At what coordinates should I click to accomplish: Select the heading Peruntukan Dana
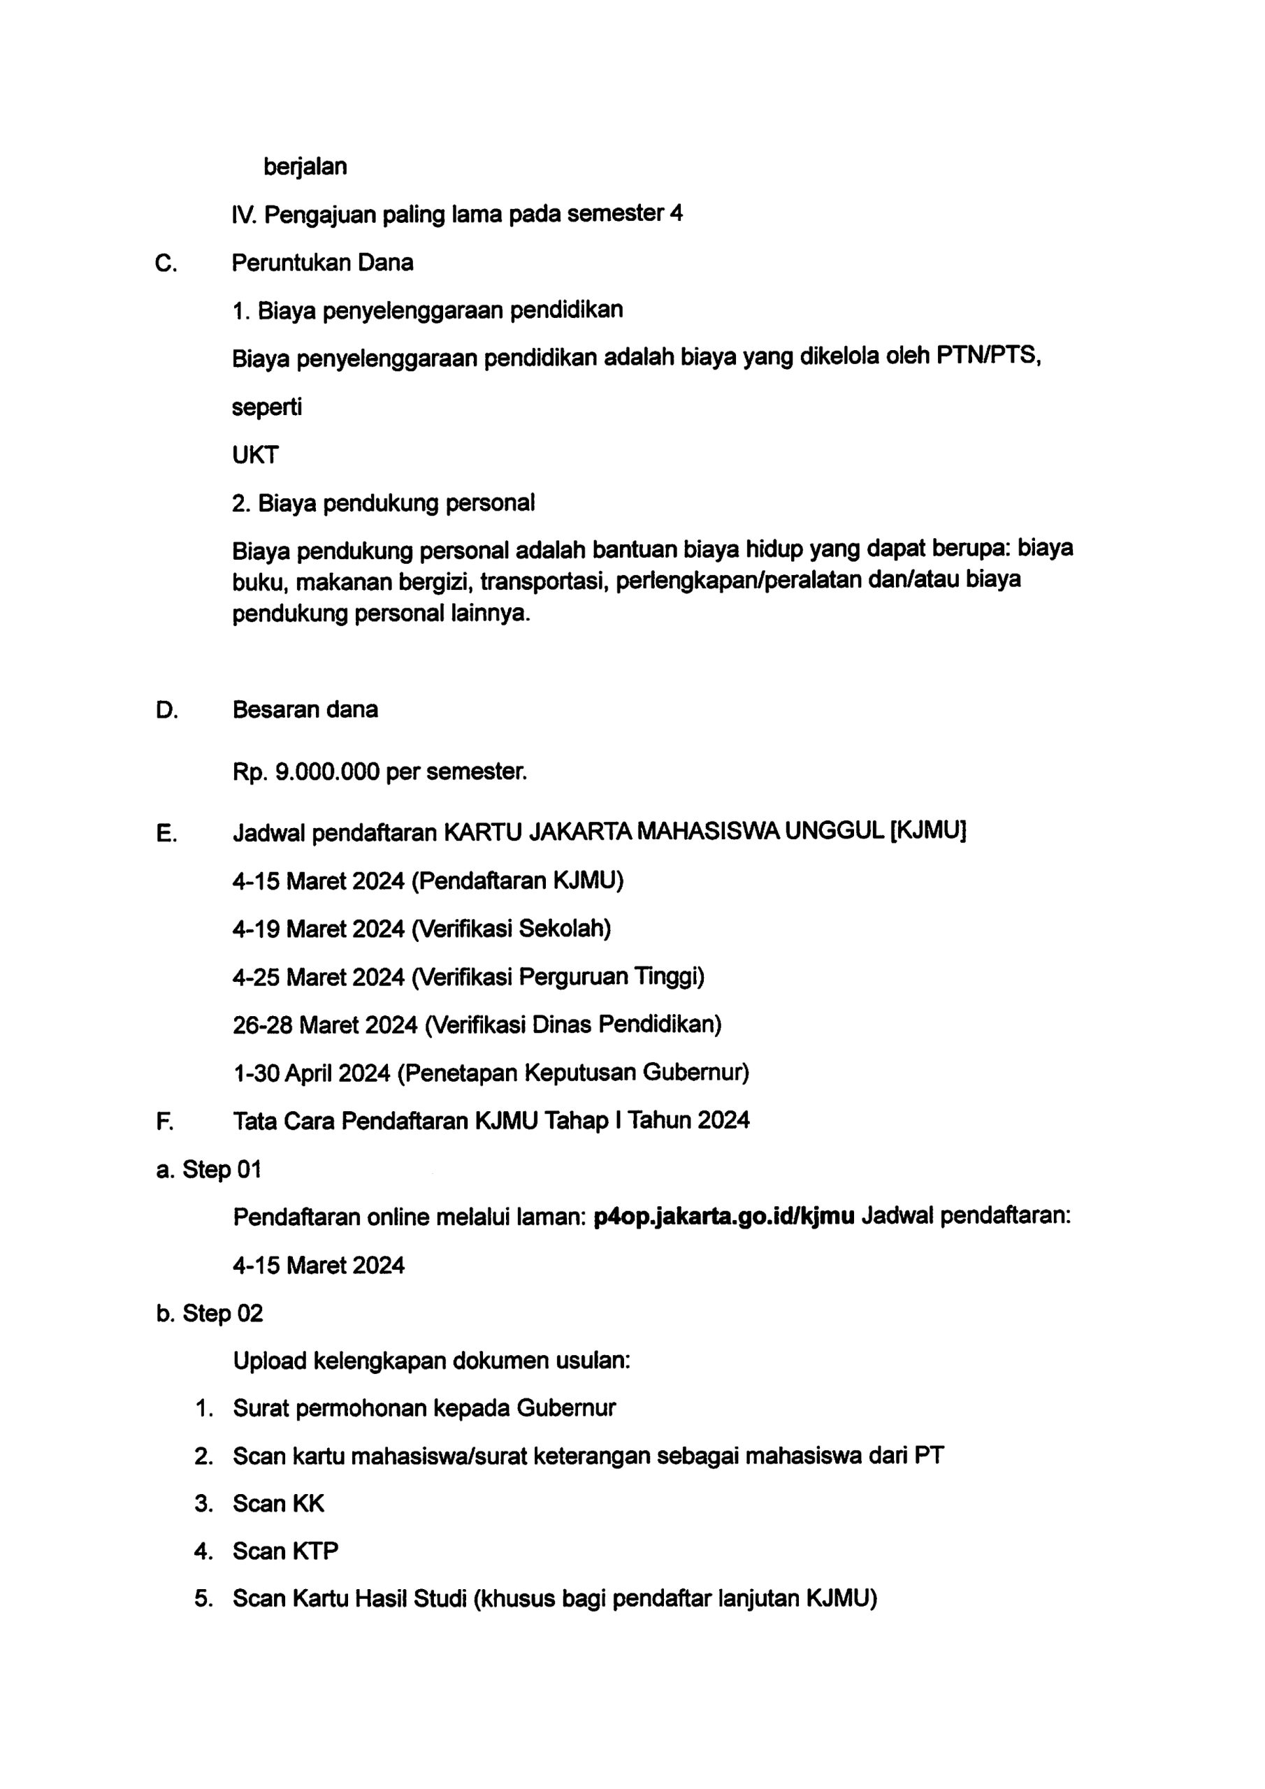click(x=322, y=263)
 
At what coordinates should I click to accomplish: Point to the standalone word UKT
click(x=255, y=455)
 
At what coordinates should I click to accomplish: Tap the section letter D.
click(x=167, y=710)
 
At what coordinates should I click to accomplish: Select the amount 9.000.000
click(x=327, y=772)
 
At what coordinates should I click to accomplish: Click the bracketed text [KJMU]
click(x=927, y=832)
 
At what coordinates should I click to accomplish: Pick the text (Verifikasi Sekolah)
click(x=510, y=929)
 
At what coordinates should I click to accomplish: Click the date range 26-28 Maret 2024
click(x=325, y=1024)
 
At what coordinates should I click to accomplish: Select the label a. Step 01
click(x=209, y=1170)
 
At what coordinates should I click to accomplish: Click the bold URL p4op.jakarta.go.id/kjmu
click(x=723, y=1217)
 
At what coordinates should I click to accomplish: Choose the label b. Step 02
click(x=210, y=1313)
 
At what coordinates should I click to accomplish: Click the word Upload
click(x=270, y=1361)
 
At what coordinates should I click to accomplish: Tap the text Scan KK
click(x=278, y=1504)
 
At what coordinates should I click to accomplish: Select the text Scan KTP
click(x=285, y=1551)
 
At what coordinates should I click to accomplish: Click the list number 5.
click(x=203, y=1599)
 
